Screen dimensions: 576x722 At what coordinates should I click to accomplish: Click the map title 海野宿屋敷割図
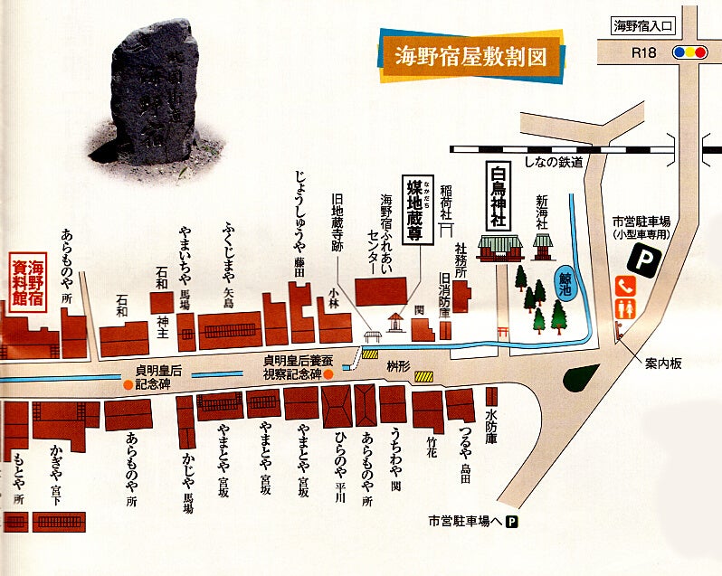click(470, 56)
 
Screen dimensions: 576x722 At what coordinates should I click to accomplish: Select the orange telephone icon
click(626, 286)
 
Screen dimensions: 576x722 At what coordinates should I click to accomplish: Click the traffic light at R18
click(690, 53)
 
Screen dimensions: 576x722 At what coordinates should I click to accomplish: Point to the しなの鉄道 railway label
click(553, 162)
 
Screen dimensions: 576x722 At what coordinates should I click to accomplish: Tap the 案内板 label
click(663, 364)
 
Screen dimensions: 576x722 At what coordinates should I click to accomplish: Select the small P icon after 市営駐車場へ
click(513, 521)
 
